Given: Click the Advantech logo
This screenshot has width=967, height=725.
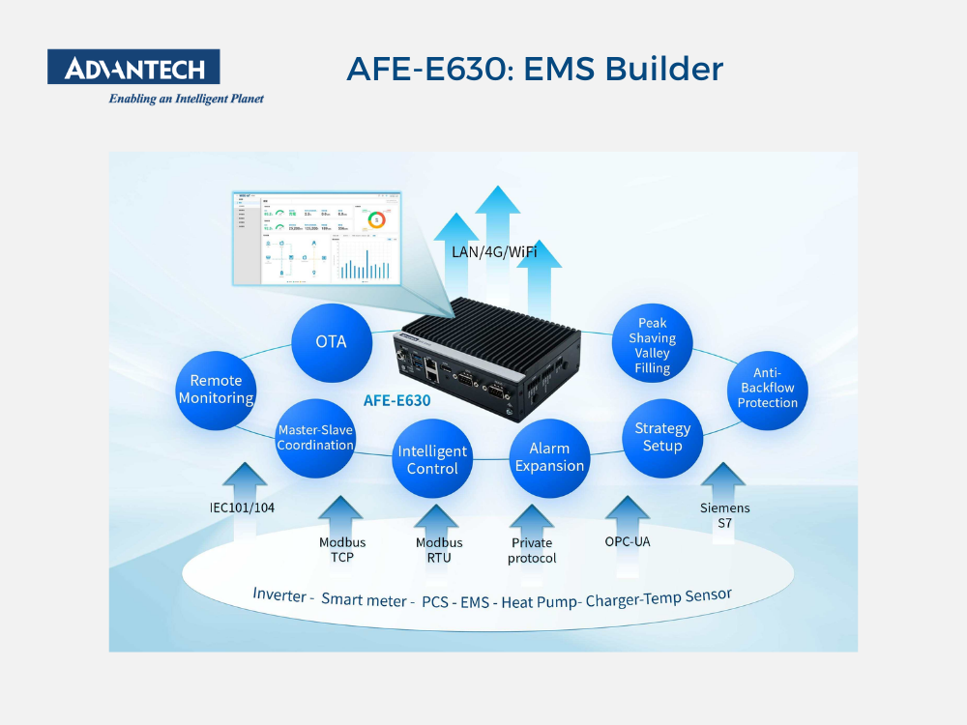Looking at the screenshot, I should tap(133, 68).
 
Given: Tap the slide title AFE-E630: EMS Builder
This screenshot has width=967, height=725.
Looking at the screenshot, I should tap(534, 69).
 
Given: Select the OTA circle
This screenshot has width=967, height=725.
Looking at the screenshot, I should tap(331, 341).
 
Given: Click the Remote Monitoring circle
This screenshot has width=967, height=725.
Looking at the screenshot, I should tap(216, 390).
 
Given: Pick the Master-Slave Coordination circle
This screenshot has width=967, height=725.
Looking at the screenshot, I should tap(315, 438).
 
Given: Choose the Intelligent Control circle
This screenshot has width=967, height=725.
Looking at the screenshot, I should tap(432, 459).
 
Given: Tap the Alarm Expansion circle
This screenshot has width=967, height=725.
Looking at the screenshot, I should tap(549, 457).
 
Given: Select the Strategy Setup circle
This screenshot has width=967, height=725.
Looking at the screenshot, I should tap(662, 437).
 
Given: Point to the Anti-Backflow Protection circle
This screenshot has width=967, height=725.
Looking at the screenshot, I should tap(767, 388).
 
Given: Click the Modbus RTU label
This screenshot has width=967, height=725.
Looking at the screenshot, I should tap(439, 550).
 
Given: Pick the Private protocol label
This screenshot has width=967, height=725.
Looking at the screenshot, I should tap(532, 551).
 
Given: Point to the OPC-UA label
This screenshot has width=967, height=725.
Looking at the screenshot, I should tap(628, 541).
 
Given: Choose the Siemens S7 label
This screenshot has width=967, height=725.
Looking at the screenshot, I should tap(724, 515).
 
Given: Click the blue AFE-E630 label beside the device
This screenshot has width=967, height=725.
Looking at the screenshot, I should tap(396, 399).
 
